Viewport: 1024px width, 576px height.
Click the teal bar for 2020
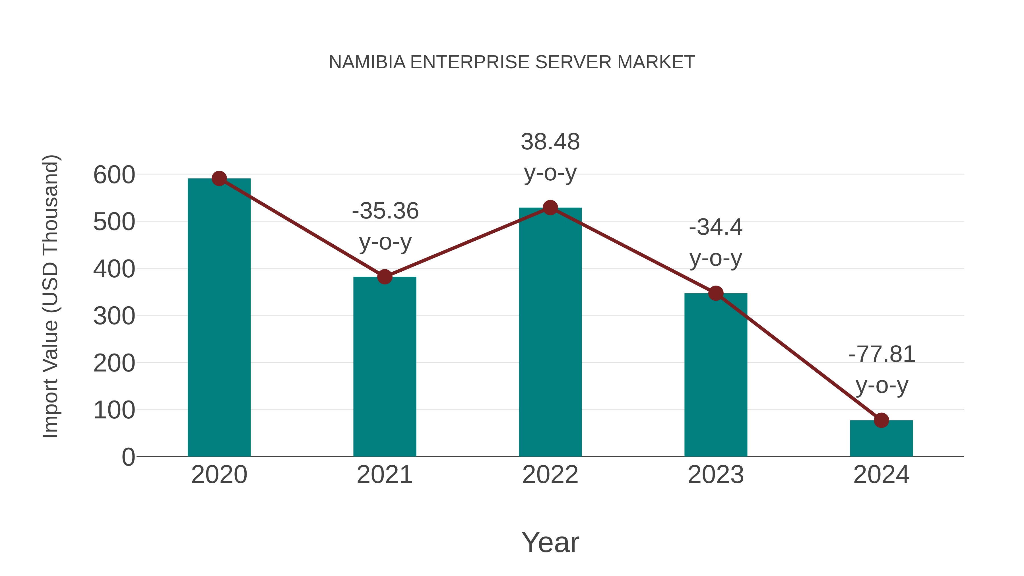[x=219, y=318]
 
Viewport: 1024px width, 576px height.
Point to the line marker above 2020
[x=219, y=178]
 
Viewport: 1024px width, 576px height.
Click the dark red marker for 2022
[x=550, y=208]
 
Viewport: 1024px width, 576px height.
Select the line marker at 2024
[x=881, y=420]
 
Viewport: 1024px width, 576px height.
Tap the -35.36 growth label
[x=385, y=211]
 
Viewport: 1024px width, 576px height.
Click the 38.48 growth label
[x=550, y=142]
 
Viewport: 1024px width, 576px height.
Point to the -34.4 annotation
[x=716, y=227]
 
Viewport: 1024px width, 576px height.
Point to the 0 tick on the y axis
[x=128, y=457]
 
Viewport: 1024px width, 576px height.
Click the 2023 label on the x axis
[x=716, y=475]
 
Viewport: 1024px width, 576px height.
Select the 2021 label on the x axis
[x=384, y=475]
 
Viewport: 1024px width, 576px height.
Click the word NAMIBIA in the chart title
[x=367, y=62]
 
